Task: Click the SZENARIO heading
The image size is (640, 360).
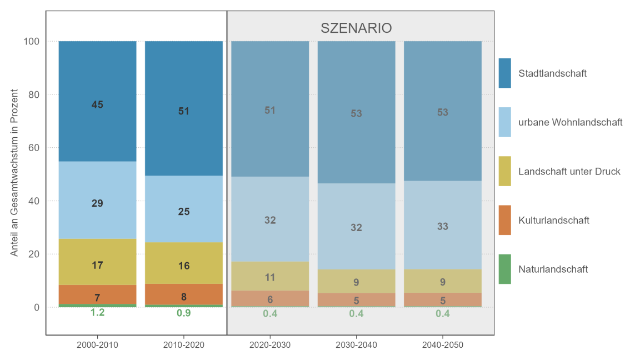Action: coord(356,28)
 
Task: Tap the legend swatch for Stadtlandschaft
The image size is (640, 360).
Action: coord(504,73)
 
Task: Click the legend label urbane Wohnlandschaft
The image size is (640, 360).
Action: coord(570,122)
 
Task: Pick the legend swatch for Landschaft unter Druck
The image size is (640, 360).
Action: coord(504,171)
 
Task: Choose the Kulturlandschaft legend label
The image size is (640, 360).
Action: coord(553,220)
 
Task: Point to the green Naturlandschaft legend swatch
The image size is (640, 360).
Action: coord(504,269)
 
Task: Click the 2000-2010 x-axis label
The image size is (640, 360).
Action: coord(97,345)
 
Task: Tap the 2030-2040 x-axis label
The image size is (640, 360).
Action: coord(356,345)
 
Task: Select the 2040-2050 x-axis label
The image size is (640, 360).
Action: coord(442,345)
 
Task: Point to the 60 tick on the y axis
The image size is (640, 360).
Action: coord(33,148)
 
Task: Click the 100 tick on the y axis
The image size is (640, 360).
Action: coord(31,41)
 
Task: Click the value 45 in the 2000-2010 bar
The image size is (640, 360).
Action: coord(97,104)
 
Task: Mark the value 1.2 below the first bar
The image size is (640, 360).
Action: coord(97,313)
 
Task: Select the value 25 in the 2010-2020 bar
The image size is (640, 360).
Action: coord(183,211)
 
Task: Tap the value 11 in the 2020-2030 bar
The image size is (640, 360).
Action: coord(270,277)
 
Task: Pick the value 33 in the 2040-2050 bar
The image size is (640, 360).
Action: coord(442,227)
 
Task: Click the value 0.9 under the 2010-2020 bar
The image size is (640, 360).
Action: coord(183,313)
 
